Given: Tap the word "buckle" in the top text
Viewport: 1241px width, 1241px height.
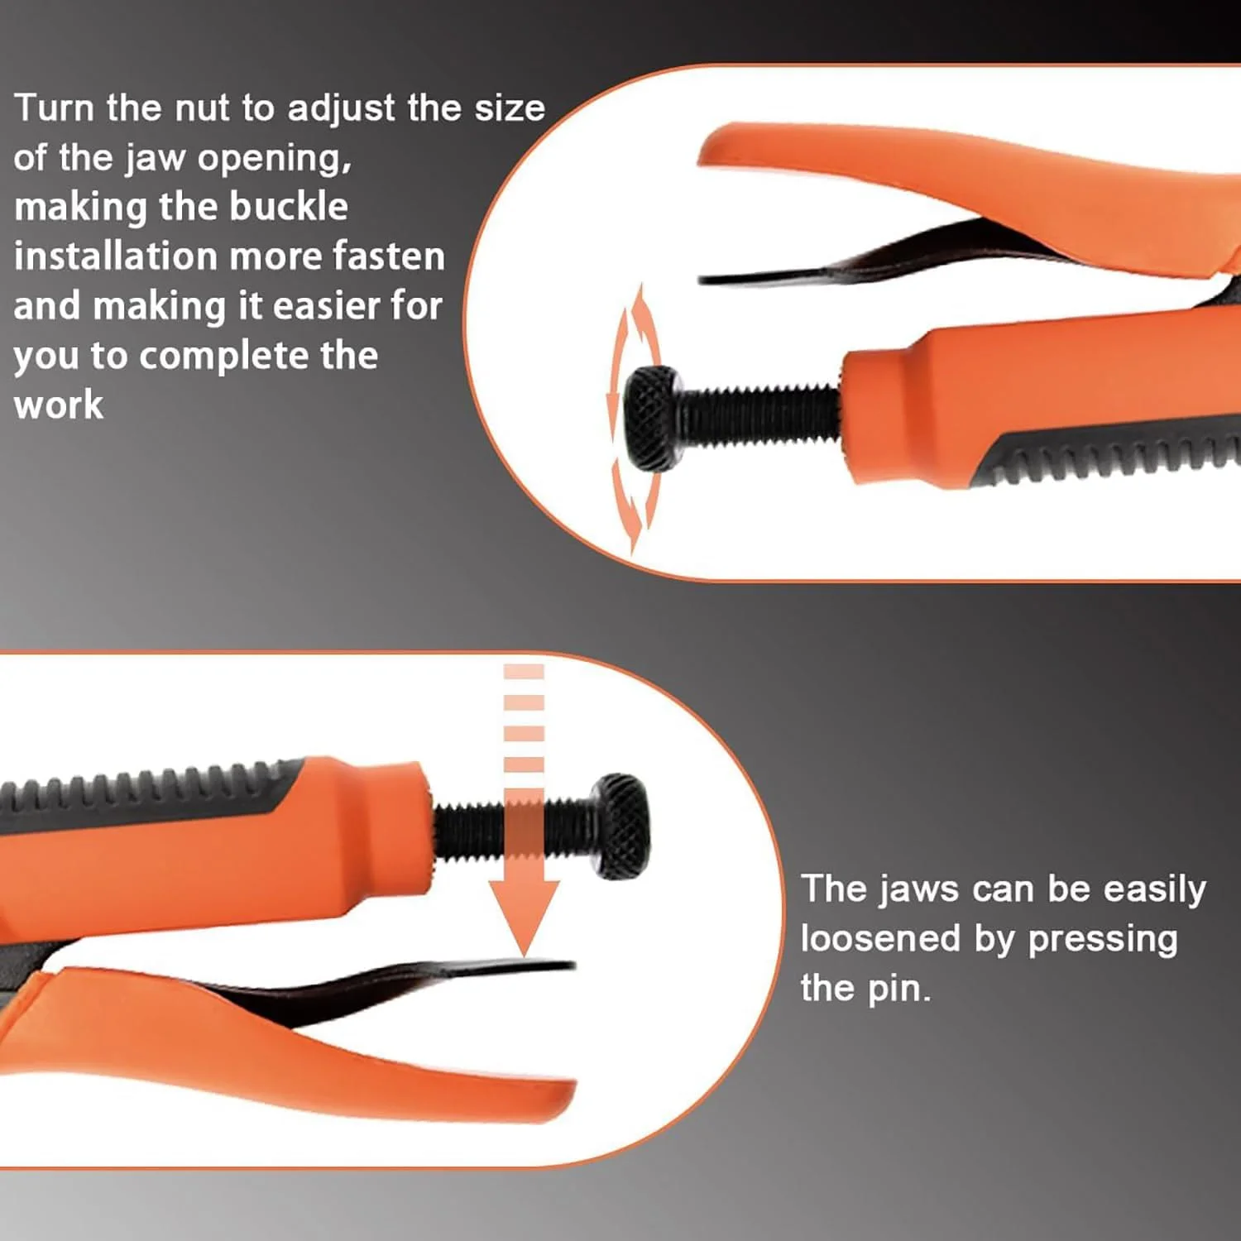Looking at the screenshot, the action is tap(289, 207).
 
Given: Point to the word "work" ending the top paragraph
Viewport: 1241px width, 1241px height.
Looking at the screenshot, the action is tap(59, 405).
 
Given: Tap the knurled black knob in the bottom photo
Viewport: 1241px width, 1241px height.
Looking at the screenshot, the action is tap(621, 825).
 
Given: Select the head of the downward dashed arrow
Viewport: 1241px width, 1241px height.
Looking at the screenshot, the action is tap(525, 915).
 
